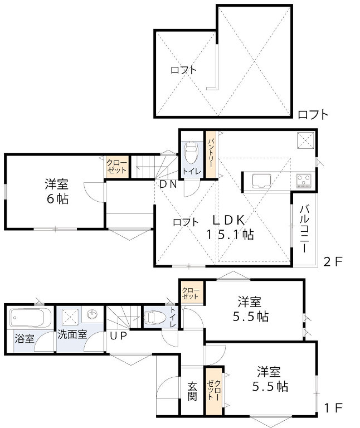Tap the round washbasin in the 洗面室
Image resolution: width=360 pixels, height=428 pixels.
point(93,314)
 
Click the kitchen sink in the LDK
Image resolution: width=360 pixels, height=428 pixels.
point(261,181)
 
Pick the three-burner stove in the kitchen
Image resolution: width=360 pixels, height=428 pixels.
point(304,181)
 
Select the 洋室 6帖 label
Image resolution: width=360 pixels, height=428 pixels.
point(57,191)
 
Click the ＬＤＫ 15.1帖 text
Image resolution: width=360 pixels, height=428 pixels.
point(229,227)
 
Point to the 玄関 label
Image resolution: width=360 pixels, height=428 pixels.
point(192,391)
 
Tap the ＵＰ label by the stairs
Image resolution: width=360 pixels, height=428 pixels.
point(119,335)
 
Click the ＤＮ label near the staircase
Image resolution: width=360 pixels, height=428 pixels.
point(168,184)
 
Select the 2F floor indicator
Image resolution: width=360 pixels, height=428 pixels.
point(333,262)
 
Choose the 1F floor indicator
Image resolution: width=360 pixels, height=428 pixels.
point(333,408)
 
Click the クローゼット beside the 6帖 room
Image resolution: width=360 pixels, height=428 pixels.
point(117,167)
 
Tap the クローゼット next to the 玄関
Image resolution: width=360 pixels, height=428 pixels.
point(213,390)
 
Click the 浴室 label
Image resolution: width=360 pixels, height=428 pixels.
point(25,338)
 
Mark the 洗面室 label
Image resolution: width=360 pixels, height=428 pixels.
point(72,334)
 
